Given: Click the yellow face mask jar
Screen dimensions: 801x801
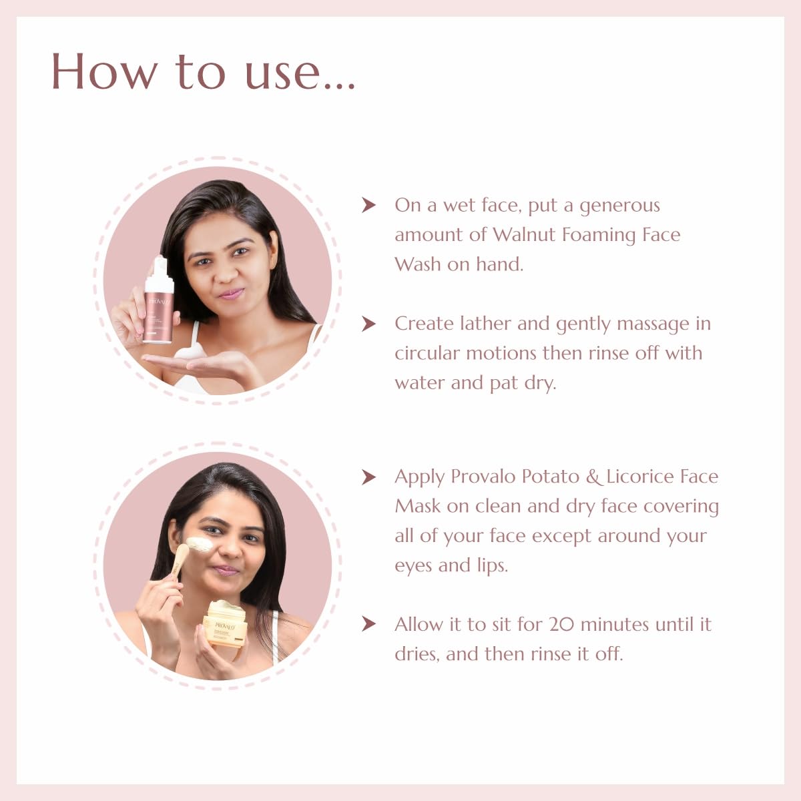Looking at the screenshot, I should click(225, 624).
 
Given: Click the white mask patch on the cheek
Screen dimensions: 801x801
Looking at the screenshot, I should click(200, 544).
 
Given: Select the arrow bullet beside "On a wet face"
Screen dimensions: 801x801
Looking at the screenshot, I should click(368, 205).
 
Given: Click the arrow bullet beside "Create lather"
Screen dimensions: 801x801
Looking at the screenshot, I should click(368, 324).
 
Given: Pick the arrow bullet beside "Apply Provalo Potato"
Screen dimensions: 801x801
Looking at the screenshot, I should click(368, 477).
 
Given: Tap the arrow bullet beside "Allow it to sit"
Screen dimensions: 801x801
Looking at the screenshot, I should click(368, 624).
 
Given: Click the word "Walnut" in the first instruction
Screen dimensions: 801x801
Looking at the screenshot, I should click(525, 234).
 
